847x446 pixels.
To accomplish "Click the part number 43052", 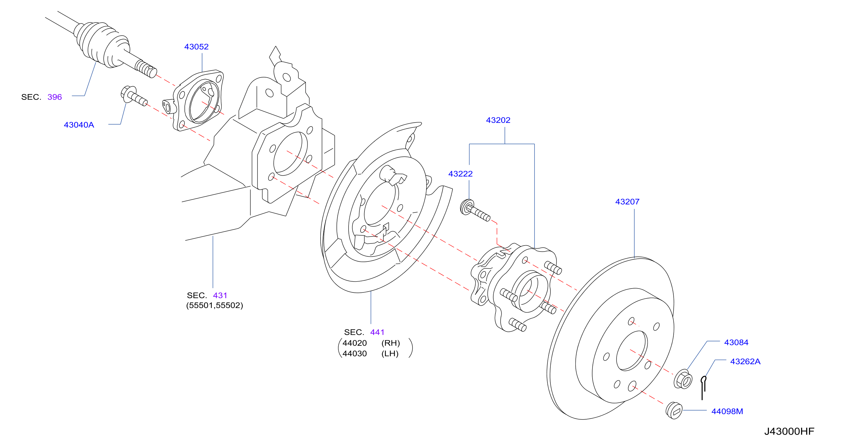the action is coord(196,47).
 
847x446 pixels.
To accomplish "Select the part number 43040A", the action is coord(79,125).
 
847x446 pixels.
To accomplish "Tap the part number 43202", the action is coord(498,120).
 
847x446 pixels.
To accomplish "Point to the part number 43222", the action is coord(460,174).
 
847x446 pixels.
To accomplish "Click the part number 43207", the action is coord(627,202).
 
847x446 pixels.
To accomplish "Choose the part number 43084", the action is coord(736,342).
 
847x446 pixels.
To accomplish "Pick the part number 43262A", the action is coord(745,362).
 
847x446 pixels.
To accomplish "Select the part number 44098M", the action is coord(727,411).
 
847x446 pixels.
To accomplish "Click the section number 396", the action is coord(55,97).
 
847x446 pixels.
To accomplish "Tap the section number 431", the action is coord(220,295).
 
